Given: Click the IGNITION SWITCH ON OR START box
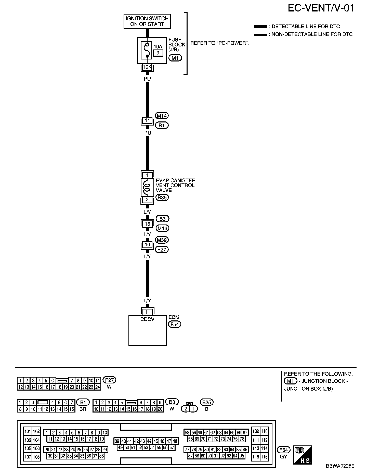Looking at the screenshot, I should tap(147, 21).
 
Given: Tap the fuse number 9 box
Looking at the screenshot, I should tap(158, 53).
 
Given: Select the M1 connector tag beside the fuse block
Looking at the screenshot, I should tap(175, 58).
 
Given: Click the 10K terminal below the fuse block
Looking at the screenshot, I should tap(147, 67).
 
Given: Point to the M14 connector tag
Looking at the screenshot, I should tap(162, 116).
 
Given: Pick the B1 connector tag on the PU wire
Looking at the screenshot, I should tap(162, 126).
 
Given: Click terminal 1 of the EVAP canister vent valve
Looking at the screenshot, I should tap(147, 175).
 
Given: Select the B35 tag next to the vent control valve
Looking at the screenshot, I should tap(162, 197).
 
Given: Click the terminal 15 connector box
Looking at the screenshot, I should tap(147, 224).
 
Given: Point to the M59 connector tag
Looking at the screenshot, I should tap(162, 240).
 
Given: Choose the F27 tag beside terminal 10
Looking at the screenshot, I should tap(162, 250).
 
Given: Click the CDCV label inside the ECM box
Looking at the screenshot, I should tap(147, 319).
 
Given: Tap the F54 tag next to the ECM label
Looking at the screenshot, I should tap(175, 324).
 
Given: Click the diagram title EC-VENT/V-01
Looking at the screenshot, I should tap(321, 8).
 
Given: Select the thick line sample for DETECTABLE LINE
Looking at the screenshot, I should tap(260, 27).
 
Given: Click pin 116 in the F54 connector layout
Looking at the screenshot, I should tap(264, 457).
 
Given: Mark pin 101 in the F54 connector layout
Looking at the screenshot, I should tap(28, 431).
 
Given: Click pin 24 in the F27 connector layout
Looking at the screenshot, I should tap(98, 387).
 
